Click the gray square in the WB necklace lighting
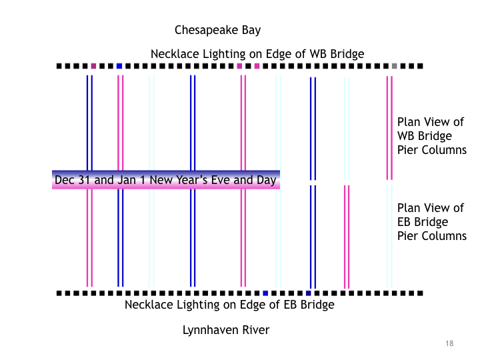[x=394, y=66]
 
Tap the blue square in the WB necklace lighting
[x=119, y=66]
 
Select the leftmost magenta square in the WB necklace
[x=93, y=66]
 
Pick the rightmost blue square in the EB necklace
[x=308, y=293]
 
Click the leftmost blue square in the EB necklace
[x=265, y=293]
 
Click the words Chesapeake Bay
[x=217, y=30]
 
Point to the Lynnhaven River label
[x=226, y=330]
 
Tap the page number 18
[x=449, y=343]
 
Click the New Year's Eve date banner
[x=166, y=180]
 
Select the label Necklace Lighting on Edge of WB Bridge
[x=257, y=54]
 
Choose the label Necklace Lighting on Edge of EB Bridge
[x=229, y=305]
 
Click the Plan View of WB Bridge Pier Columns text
[x=431, y=136]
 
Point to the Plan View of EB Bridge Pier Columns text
[x=431, y=222]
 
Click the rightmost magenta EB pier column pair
[x=346, y=237]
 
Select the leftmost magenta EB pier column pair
[x=89, y=237]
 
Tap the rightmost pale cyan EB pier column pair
[x=389, y=237]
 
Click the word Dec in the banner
[x=63, y=180]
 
